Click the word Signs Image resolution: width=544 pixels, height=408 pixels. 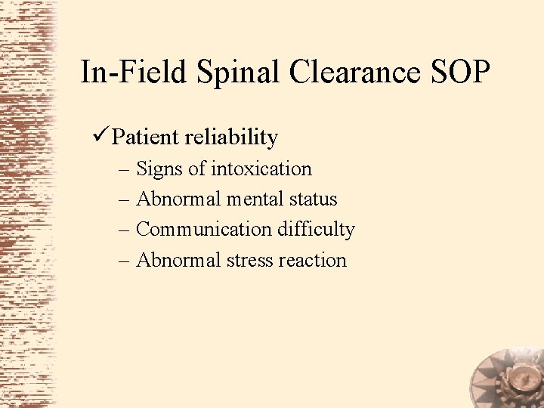tap(160, 168)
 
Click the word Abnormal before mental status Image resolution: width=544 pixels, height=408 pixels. tap(179, 199)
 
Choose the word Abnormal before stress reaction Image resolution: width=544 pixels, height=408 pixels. tap(179, 260)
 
